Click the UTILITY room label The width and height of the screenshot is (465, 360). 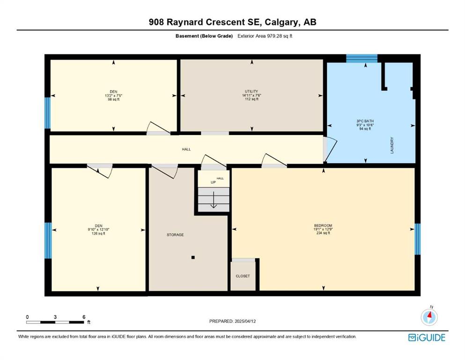(x=251, y=91)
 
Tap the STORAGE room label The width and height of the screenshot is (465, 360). (x=175, y=235)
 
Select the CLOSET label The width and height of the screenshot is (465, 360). (x=243, y=276)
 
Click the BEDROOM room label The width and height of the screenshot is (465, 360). (x=323, y=225)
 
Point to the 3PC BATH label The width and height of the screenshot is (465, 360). (x=365, y=121)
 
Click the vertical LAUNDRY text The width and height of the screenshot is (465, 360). (x=392, y=145)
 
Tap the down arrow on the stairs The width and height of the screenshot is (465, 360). (x=214, y=200)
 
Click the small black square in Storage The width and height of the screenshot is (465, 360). (x=193, y=257)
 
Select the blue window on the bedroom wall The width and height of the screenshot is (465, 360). (x=418, y=239)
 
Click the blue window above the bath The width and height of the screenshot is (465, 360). (x=362, y=59)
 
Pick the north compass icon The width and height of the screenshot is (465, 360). (x=429, y=316)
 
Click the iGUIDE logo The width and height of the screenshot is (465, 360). (x=427, y=338)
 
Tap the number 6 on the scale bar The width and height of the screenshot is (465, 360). (x=84, y=317)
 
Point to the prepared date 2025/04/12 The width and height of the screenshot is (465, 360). (x=245, y=321)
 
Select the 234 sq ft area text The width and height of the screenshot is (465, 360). (x=323, y=233)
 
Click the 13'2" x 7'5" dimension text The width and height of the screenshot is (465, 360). (x=114, y=96)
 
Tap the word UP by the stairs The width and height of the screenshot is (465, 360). (x=213, y=182)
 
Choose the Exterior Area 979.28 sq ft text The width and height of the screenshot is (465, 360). (x=265, y=36)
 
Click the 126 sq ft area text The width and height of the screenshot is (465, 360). (x=98, y=233)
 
